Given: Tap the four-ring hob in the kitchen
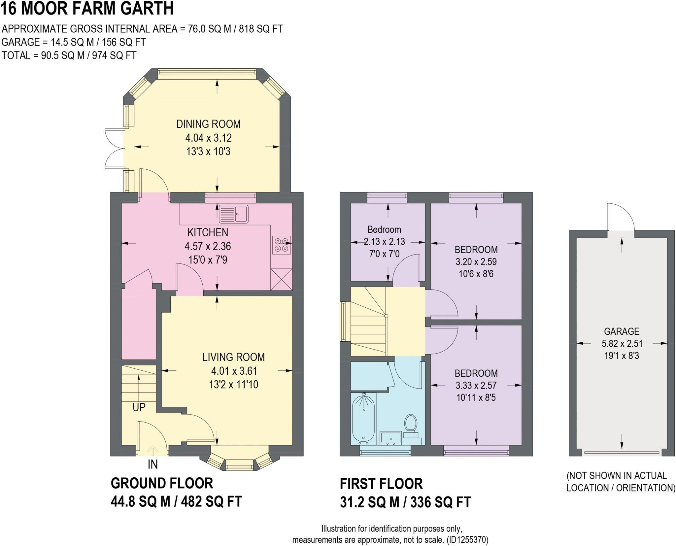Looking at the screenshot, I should click(x=282, y=245).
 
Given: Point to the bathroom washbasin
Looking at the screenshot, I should click(x=390, y=438).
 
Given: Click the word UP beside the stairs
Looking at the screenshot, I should click(x=139, y=407).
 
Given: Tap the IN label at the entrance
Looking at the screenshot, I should click(x=152, y=464).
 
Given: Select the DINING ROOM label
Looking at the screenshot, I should click(x=208, y=124).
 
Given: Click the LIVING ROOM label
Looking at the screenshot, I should click(x=233, y=357).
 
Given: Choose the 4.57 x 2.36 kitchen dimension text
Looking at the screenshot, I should click(x=208, y=246).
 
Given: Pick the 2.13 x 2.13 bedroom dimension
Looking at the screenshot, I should click(x=384, y=242).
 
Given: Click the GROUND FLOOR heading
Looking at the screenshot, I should click(x=162, y=483).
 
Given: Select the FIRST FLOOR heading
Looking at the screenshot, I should click(x=381, y=484).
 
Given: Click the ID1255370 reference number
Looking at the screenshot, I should click(x=467, y=540).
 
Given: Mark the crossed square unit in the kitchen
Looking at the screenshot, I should click(x=281, y=280).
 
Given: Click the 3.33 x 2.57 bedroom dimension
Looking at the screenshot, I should click(x=476, y=385).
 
